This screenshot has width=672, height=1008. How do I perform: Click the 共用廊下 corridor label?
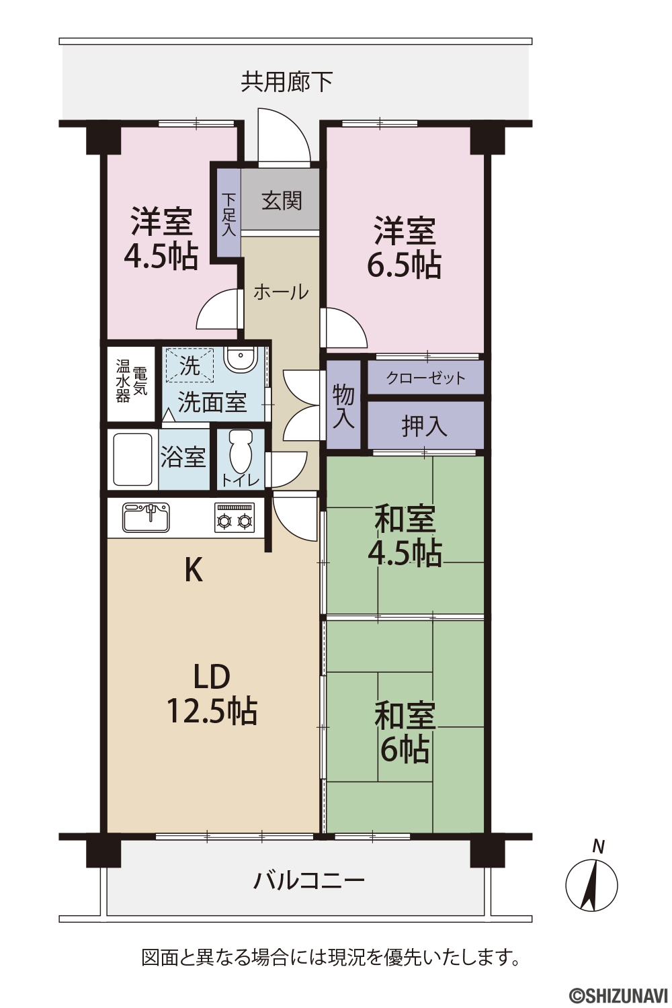287,82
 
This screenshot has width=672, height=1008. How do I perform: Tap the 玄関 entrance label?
282,201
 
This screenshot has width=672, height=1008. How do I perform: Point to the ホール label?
282,292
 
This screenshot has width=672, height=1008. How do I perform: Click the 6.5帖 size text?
404,265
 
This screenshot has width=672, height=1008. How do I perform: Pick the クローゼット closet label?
426,378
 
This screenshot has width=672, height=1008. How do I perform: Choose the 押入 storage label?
425,425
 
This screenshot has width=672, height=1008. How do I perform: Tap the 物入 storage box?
343,404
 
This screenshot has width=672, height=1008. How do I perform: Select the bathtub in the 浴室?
132,459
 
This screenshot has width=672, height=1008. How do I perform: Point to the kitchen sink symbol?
146,517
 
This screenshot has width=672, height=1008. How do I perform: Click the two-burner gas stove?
234,517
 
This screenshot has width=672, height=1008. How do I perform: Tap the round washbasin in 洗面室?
241,359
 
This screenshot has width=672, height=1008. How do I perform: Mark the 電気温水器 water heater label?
132,381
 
